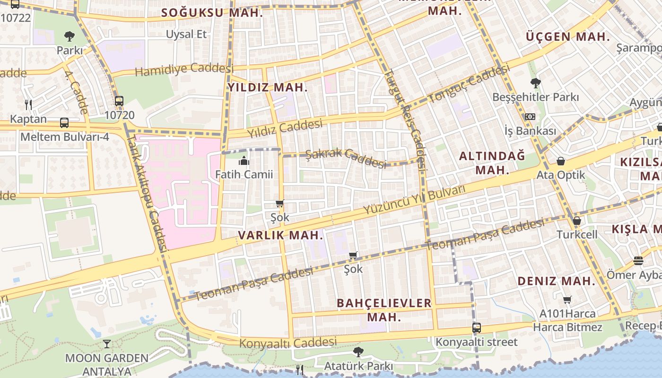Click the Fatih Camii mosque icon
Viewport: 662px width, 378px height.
(x=244, y=161)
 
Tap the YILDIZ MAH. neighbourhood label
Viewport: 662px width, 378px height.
(x=268, y=87)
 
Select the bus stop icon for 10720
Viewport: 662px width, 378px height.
(x=119, y=101)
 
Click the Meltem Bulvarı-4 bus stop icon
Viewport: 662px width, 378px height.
(x=64, y=123)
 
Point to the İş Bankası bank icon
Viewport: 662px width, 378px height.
(x=530, y=116)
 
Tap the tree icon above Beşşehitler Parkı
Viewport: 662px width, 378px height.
(x=535, y=83)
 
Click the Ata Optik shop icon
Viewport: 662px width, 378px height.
(x=561, y=161)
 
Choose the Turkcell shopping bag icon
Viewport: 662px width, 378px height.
(x=577, y=221)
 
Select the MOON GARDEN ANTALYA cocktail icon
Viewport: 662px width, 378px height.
(x=107, y=344)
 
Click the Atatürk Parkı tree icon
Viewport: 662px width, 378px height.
(x=358, y=352)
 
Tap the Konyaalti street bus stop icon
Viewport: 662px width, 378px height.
(x=477, y=327)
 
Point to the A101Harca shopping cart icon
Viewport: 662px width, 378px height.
(x=567, y=300)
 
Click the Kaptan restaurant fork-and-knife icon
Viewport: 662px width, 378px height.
(x=28, y=104)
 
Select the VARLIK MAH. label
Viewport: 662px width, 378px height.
(x=281, y=235)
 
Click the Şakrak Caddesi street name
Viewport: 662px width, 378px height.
(x=346, y=157)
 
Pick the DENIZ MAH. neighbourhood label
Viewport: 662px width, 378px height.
(x=556, y=281)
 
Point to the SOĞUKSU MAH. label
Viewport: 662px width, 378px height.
(x=212, y=13)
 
